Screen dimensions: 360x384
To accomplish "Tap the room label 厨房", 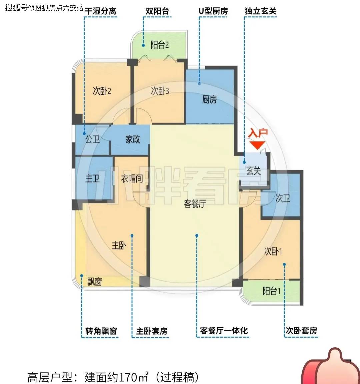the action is (x=209, y=99).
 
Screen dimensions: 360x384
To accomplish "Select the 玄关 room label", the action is (x=254, y=171).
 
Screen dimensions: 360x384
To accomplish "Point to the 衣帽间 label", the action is (x=132, y=179).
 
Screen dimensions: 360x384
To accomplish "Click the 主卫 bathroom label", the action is (x=93, y=178).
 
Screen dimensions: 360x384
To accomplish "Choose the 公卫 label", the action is (x=93, y=139).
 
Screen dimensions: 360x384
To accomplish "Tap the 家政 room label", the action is (x=133, y=139).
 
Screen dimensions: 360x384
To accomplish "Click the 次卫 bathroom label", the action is (x=283, y=198).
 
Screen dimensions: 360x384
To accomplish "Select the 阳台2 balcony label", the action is (x=160, y=45).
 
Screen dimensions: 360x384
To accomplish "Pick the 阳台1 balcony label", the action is (x=271, y=291).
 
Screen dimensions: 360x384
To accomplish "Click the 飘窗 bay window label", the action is (x=94, y=282).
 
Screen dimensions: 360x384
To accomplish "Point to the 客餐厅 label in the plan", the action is (x=195, y=204).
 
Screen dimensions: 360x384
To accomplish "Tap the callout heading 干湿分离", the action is (x=101, y=11).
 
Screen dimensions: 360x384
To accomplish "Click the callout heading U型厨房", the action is (x=213, y=11).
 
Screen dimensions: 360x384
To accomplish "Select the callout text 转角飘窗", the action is (x=101, y=331).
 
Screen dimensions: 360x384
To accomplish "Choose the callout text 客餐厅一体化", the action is (x=224, y=331).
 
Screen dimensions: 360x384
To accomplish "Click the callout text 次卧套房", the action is (x=301, y=331).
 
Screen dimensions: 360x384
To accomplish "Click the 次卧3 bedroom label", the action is (x=160, y=91).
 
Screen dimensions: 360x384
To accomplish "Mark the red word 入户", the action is (x=258, y=133).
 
